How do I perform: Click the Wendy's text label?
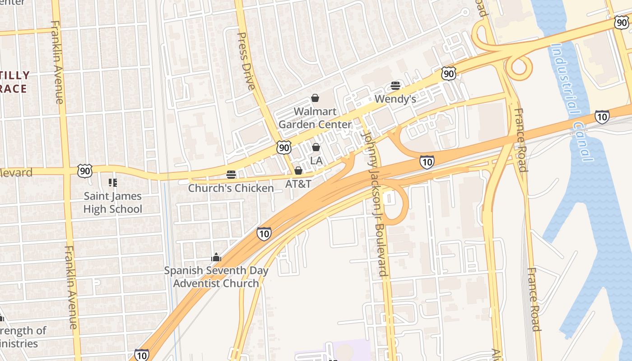[x=395, y=99]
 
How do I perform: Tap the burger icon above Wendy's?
[x=395, y=86]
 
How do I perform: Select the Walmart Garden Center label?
[x=315, y=118]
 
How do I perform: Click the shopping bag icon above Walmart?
[x=315, y=98]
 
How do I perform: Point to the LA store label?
[x=316, y=161]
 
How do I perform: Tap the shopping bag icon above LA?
[x=316, y=147]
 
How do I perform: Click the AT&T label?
[x=298, y=184]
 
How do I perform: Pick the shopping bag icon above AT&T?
[x=298, y=171]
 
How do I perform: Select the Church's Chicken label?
[x=231, y=188]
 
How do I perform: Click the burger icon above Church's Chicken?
[x=231, y=175]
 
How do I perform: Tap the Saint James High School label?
[x=112, y=203]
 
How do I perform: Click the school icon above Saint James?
[x=112, y=183]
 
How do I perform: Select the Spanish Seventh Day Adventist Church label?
[x=216, y=277]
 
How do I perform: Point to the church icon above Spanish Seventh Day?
[x=216, y=257]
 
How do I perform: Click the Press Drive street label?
[x=246, y=61]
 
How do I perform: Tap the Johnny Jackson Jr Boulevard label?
[x=375, y=203]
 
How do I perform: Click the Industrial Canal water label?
[x=571, y=102]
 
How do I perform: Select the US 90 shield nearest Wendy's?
[x=448, y=74]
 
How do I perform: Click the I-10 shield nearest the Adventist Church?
[x=264, y=233]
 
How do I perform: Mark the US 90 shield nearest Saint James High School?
[x=84, y=171]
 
